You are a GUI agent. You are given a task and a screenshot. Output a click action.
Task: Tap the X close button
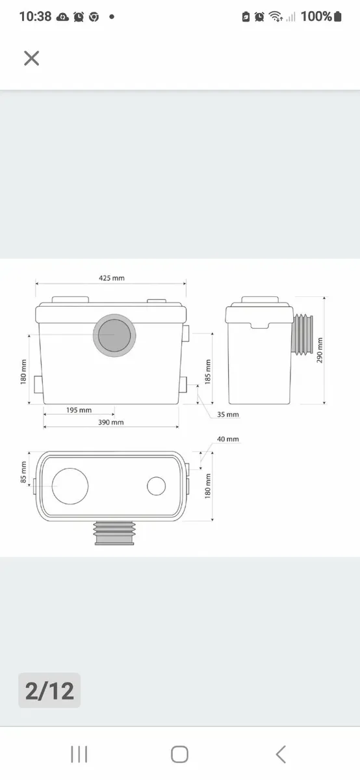click(31, 58)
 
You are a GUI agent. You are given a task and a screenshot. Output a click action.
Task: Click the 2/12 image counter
click(49, 690)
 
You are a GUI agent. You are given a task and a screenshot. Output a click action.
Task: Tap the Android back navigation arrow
click(281, 754)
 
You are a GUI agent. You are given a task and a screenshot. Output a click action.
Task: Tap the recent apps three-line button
click(79, 754)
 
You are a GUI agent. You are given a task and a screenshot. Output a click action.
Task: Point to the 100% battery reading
click(317, 17)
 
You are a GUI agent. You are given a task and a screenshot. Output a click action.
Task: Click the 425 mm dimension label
click(111, 278)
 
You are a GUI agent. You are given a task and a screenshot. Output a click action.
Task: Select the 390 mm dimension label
click(111, 422)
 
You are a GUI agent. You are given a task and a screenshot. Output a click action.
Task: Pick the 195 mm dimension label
click(79, 410)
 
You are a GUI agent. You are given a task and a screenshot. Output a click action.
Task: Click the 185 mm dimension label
click(209, 370)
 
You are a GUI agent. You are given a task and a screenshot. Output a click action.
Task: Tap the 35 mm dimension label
click(228, 414)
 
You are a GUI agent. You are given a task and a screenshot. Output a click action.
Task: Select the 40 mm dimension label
click(228, 439)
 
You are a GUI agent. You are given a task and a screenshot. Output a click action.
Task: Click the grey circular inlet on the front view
click(114, 335)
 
